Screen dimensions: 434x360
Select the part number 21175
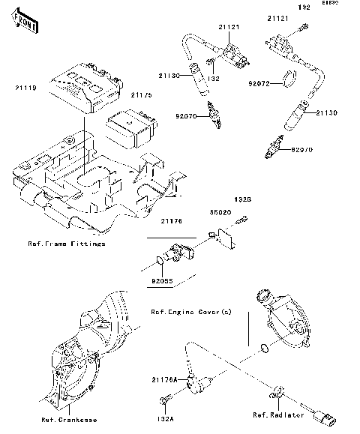141,96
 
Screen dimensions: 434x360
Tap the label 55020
219,212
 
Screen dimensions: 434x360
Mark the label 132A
165,421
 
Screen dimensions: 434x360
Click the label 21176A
166,381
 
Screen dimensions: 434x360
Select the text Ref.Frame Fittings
66,244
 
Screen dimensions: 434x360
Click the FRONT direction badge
25,24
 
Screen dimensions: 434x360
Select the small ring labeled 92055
157,261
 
